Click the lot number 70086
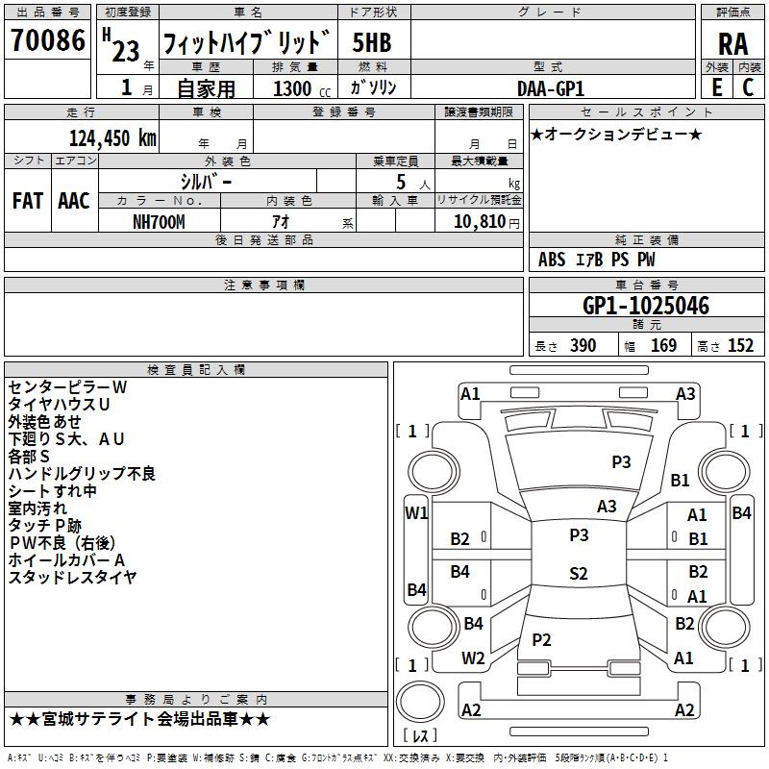tap(48, 39)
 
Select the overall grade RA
tap(732, 44)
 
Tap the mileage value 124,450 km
tap(112, 137)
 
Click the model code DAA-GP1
tap(550, 88)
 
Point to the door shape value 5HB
tap(372, 42)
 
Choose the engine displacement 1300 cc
tap(302, 88)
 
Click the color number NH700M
tap(159, 222)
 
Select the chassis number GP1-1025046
tap(645, 306)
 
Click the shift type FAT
tap(28, 201)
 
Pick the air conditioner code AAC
tap(74, 201)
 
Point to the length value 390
tap(583, 345)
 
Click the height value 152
tap(740, 345)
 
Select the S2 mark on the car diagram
tap(579, 573)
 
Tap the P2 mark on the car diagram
tap(541, 639)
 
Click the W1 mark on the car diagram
tap(416, 513)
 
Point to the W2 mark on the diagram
tap(473, 658)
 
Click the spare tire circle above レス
tap(420, 701)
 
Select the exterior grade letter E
tap(716, 87)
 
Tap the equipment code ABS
tap(552, 260)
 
